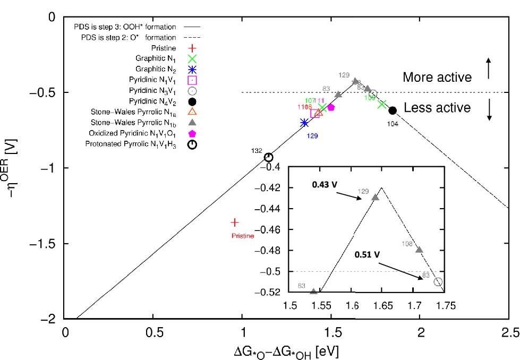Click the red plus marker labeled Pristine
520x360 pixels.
[235, 222]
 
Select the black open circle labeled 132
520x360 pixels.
[269, 157]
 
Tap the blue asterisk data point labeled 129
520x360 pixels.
[304, 123]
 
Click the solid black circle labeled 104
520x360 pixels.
[393, 110]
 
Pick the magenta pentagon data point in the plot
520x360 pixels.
[331, 107]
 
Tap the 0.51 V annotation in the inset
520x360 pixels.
[368, 254]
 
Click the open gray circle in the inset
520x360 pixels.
[438, 281]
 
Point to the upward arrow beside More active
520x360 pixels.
[489, 68]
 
